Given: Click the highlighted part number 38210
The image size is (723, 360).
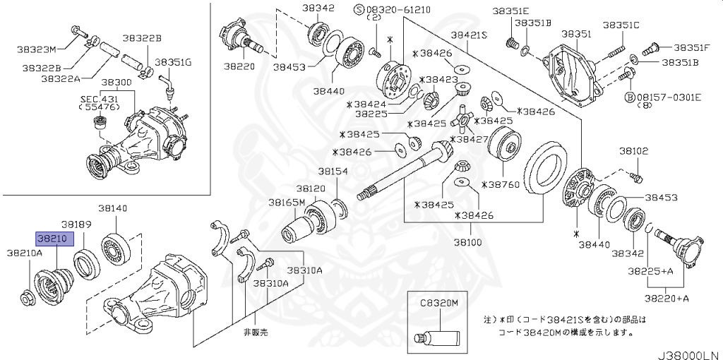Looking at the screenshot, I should (52, 239).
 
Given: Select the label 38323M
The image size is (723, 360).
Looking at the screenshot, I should (36, 49).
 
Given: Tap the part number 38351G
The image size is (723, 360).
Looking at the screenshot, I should (173, 62).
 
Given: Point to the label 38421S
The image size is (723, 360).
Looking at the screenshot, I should (470, 34).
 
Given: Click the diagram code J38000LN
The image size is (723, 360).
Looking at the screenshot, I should (688, 351).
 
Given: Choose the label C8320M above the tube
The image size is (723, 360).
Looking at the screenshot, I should (440, 303).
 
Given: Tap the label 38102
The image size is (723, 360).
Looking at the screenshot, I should (633, 151).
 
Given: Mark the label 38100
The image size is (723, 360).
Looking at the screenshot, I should (467, 242).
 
